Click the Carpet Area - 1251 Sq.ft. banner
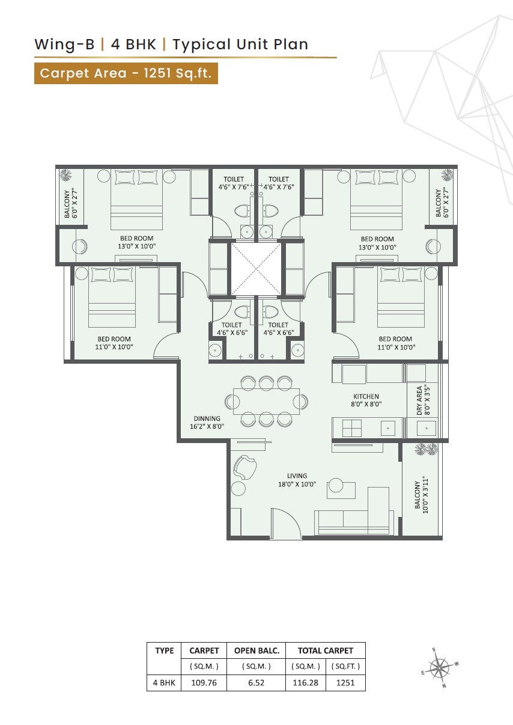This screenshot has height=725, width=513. point(126,73)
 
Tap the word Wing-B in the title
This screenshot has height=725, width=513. point(64,44)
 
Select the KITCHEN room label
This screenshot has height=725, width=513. point(366,400)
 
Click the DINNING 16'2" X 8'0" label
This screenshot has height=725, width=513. point(208,423)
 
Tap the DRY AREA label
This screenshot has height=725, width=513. point(422,400)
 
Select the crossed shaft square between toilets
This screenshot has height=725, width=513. point(256,269)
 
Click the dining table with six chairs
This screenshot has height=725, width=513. point(266,400)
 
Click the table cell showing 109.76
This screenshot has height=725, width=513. point(204,683)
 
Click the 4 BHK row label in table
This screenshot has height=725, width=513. point(164,683)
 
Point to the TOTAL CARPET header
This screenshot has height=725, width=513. point(326,650)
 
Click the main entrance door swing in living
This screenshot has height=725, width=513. point(286,522)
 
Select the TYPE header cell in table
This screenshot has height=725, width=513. point(164,650)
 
